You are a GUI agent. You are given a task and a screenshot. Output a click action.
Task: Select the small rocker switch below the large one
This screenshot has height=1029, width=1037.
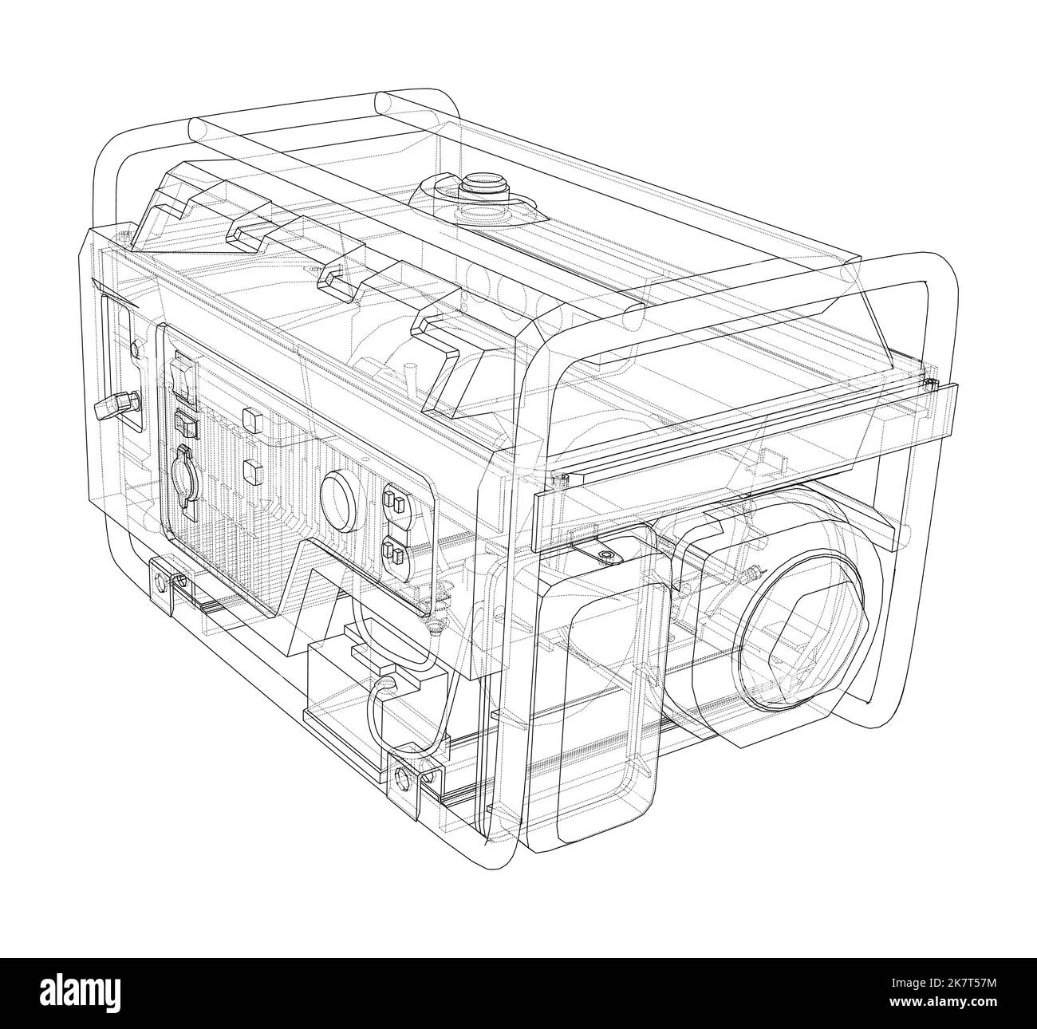pos(186,424)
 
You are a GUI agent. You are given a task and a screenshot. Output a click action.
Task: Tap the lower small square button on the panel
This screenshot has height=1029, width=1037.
pos(253,471)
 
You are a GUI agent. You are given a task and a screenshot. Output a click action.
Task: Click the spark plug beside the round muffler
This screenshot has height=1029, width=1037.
pos(751,574)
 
